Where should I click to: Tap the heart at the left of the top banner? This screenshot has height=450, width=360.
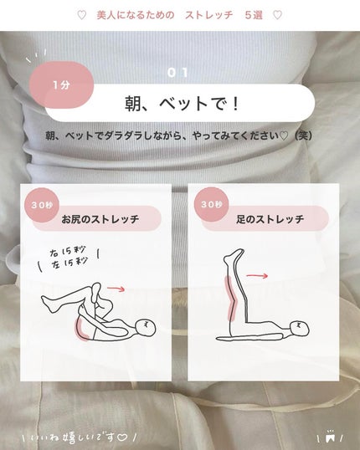pyautogui.click(x=80, y=15)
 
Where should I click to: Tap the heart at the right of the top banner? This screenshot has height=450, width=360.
pyautogui.click(x=278, y=15)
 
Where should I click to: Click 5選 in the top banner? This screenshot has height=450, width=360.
pyautogui.click(x=252, y=15)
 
